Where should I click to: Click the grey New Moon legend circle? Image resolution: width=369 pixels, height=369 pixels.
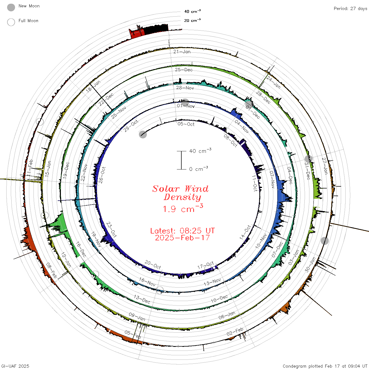[x=11, y=7]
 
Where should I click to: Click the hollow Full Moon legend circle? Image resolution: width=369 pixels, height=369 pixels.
[x=11, y=22]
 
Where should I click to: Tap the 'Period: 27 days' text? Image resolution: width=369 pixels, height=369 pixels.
[x=350, y=9]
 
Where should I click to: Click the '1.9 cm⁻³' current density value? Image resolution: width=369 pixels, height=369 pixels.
[x=183, y=208]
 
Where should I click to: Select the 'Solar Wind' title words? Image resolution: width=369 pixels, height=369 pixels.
[x=180, y=189]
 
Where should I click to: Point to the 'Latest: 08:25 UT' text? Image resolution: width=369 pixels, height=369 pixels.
[x=182, y=231]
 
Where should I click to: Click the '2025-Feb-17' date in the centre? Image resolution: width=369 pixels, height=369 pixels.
[x=182, y=238]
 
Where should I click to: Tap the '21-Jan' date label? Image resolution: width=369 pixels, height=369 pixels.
[x=182, y=52]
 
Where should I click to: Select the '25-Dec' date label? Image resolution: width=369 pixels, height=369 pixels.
[x=184, y=70]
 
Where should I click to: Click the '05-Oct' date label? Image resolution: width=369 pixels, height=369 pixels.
[x=186, y=124]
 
